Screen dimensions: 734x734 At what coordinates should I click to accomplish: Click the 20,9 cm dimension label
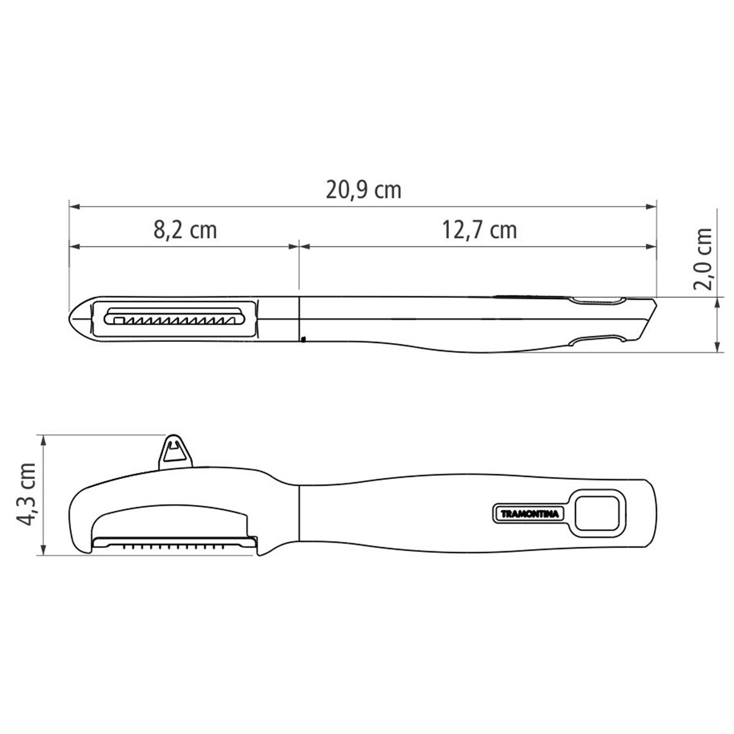tap(363, 190)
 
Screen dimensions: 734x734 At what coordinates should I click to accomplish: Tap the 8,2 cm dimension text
tap(185, 230)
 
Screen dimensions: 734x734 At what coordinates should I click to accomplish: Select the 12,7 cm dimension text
tap(479, 230)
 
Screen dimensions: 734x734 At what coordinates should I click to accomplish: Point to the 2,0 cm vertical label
tap(703, 259)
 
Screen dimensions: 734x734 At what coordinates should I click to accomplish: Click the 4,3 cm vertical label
tap(26, 494)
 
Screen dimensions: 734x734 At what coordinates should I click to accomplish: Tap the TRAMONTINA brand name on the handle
tap(529, 514)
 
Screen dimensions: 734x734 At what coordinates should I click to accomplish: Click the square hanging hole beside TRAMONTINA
tap(596, 513)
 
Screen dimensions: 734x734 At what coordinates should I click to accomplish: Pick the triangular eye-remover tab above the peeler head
tap(175, 453)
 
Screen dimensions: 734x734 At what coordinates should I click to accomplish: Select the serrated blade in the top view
tap(175, 316)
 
